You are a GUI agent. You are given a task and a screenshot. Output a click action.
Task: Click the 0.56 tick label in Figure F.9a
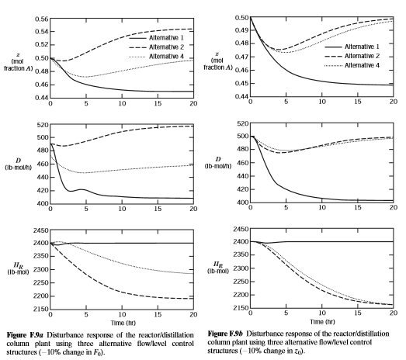point(41,19)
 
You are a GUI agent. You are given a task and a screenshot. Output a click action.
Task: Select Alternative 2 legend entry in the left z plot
point(156,47)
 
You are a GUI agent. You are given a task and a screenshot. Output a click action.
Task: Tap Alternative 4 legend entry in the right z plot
point(352,65)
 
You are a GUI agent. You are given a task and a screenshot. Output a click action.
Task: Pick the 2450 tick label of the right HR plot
point(241,230)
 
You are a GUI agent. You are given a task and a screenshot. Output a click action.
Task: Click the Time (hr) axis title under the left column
point(123,323)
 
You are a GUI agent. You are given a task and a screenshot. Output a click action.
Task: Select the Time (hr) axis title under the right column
point(322,322)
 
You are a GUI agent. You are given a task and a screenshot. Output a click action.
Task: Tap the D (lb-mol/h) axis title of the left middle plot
point(19,164)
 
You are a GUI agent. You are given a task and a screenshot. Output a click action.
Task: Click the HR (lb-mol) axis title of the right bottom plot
point(218,268)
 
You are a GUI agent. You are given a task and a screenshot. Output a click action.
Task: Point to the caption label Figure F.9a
point(25,335)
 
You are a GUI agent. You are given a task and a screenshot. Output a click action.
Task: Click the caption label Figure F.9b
point(225,334)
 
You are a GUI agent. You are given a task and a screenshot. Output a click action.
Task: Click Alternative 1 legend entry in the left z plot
point(156,38)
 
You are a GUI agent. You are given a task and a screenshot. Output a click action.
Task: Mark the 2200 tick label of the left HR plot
point(41,296)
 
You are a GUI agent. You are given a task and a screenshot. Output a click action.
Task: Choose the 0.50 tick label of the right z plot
point(241,18)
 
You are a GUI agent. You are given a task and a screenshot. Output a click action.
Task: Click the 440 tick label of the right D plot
point(243,176)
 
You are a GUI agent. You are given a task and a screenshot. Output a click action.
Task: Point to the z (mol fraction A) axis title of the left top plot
point(19,61)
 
